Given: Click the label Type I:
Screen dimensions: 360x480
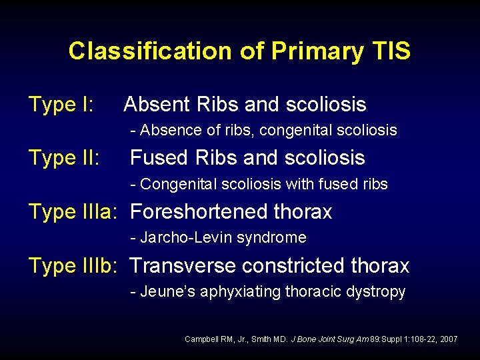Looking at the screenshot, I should (x=61, y=105).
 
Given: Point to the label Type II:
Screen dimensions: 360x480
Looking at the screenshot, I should (x=64, y=158).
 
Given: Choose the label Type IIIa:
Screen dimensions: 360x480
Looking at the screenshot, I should (x=74, y=212).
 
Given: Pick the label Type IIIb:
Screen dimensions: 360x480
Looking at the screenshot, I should (x=74, y=265).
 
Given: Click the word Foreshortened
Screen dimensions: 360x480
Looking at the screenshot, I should (x=198, y=212).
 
